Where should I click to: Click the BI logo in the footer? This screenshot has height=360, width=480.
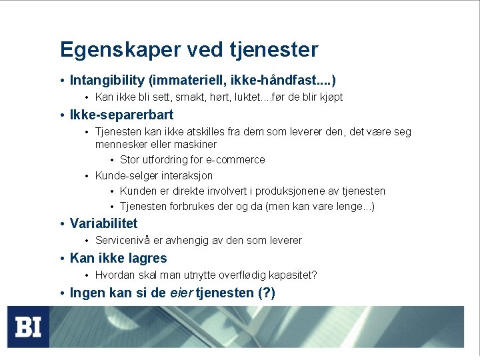click(29, 327)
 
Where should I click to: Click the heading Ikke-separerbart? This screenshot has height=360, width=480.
click(121, 115)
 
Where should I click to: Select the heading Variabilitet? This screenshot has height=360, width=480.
click(103, 224)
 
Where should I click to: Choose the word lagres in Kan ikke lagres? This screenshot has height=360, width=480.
click(146, 259)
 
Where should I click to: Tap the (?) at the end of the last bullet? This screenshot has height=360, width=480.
click(266, 293)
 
